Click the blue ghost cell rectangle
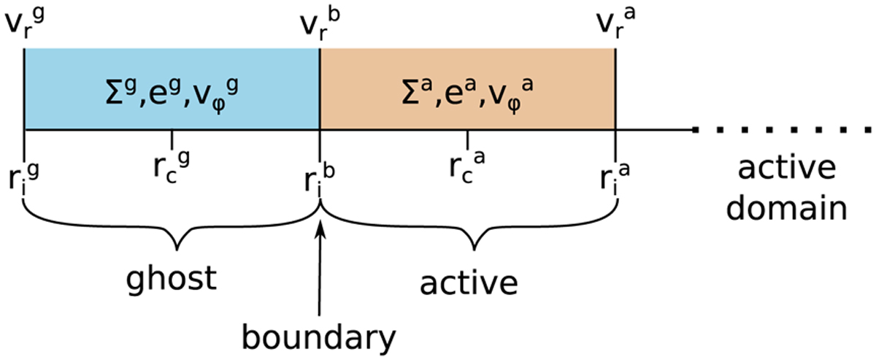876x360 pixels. click(66, 88)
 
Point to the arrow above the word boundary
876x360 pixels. click(320, 263)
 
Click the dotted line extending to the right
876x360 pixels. click(781, 131)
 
